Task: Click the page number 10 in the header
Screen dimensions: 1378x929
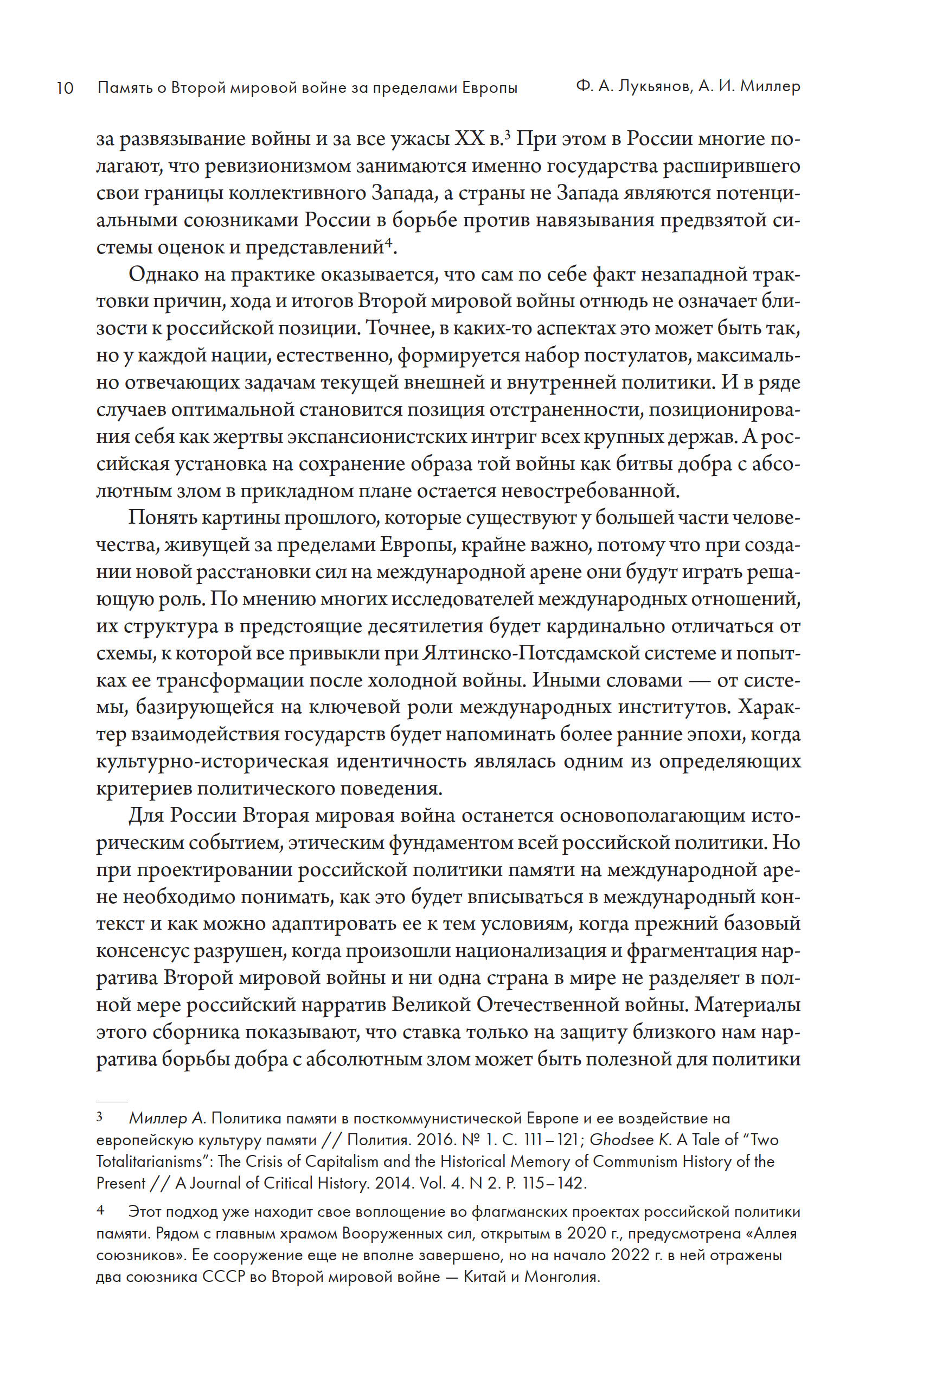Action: (x=65, y=88)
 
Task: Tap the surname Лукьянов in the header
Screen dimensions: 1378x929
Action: (x=652, y=87)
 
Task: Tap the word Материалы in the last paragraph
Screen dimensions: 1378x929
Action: (x=748, y=1005)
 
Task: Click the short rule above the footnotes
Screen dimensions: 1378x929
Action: (x=112, y=1102)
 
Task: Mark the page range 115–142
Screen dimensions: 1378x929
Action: (x=555, y=1183)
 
